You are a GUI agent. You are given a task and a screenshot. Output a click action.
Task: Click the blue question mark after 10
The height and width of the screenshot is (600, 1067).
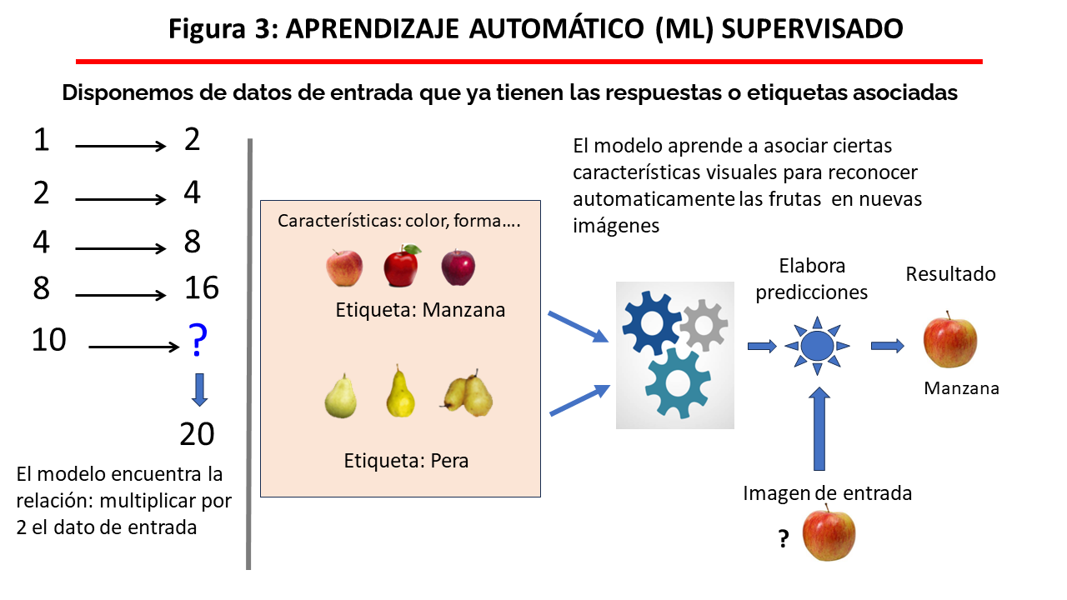click(x=198, y=339)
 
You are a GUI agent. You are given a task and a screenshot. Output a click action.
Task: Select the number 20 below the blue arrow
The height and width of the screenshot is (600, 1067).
click(x=198, y=434)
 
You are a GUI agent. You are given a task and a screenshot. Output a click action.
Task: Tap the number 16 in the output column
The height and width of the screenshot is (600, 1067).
click(x=201, y=288)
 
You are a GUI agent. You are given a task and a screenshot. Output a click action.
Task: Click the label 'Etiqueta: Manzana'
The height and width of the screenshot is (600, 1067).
click(x=420, y=310)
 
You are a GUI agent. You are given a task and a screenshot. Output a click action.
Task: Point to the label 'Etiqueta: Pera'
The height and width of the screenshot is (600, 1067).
click(x=406, y=460)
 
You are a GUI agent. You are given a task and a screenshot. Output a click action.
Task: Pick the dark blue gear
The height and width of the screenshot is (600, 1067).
click(x=651, y=320)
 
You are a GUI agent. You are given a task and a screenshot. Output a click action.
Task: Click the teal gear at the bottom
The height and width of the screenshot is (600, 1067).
click(x=678, y=382)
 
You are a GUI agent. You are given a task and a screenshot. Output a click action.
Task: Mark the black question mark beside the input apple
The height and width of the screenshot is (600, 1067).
click(x=784, y=540)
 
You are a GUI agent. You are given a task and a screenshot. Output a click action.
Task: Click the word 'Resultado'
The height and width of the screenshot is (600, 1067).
click(x=950, y=274)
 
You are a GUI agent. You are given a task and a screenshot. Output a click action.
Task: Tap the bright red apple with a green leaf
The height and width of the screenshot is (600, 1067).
click(x=402, y=266)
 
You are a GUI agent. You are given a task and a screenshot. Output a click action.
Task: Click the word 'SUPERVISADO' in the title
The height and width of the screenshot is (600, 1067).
click(x=812, y=29)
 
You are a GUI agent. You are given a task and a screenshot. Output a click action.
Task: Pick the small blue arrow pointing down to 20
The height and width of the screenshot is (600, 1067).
click(x=198, y=388)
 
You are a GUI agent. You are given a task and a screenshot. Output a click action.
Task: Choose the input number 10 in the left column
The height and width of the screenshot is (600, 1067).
click(x=48, y=340)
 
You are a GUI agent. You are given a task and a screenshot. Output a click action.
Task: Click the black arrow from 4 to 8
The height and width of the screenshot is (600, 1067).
click(x=121, y=248)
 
